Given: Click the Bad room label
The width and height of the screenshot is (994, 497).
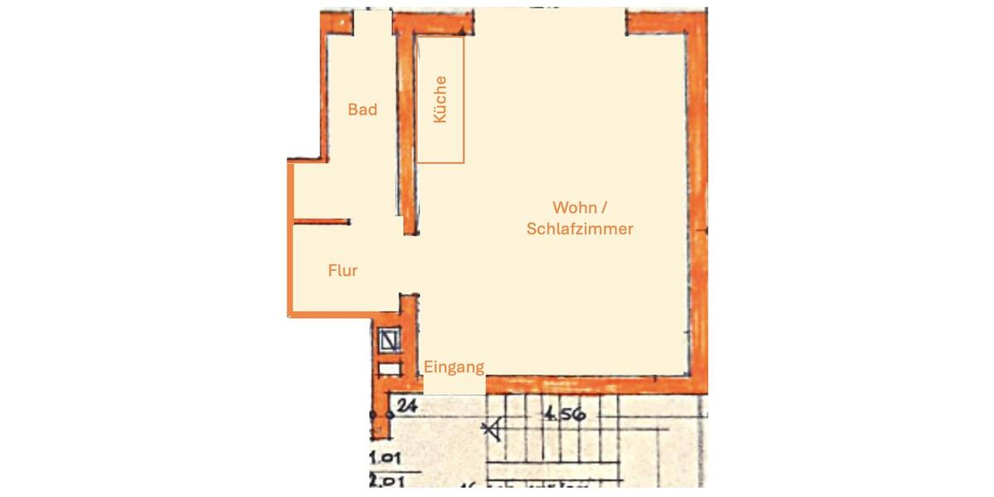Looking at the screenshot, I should click(x=362, y=109).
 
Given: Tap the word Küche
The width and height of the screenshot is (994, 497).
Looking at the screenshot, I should click(x=440, y=99).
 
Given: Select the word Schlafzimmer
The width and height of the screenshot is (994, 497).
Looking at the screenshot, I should click(x=580, y=229).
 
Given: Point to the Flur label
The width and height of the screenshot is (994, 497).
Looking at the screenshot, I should click(x=343, y=270).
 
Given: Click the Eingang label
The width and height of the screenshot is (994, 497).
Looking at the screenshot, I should click(x=454, y=367).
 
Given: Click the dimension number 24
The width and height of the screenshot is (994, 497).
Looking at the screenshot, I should click(x=406, y=405).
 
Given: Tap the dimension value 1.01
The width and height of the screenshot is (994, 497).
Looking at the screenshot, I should click(x=384, y=456).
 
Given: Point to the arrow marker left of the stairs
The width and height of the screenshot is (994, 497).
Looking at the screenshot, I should click(x=493, y=428).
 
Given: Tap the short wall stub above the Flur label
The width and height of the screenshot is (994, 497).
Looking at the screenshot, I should click(x=322, y=221).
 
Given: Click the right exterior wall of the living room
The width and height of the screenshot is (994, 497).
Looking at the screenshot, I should click(x=697, y=207).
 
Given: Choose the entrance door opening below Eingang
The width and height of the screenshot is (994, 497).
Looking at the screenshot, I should click(x=453, y=385).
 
